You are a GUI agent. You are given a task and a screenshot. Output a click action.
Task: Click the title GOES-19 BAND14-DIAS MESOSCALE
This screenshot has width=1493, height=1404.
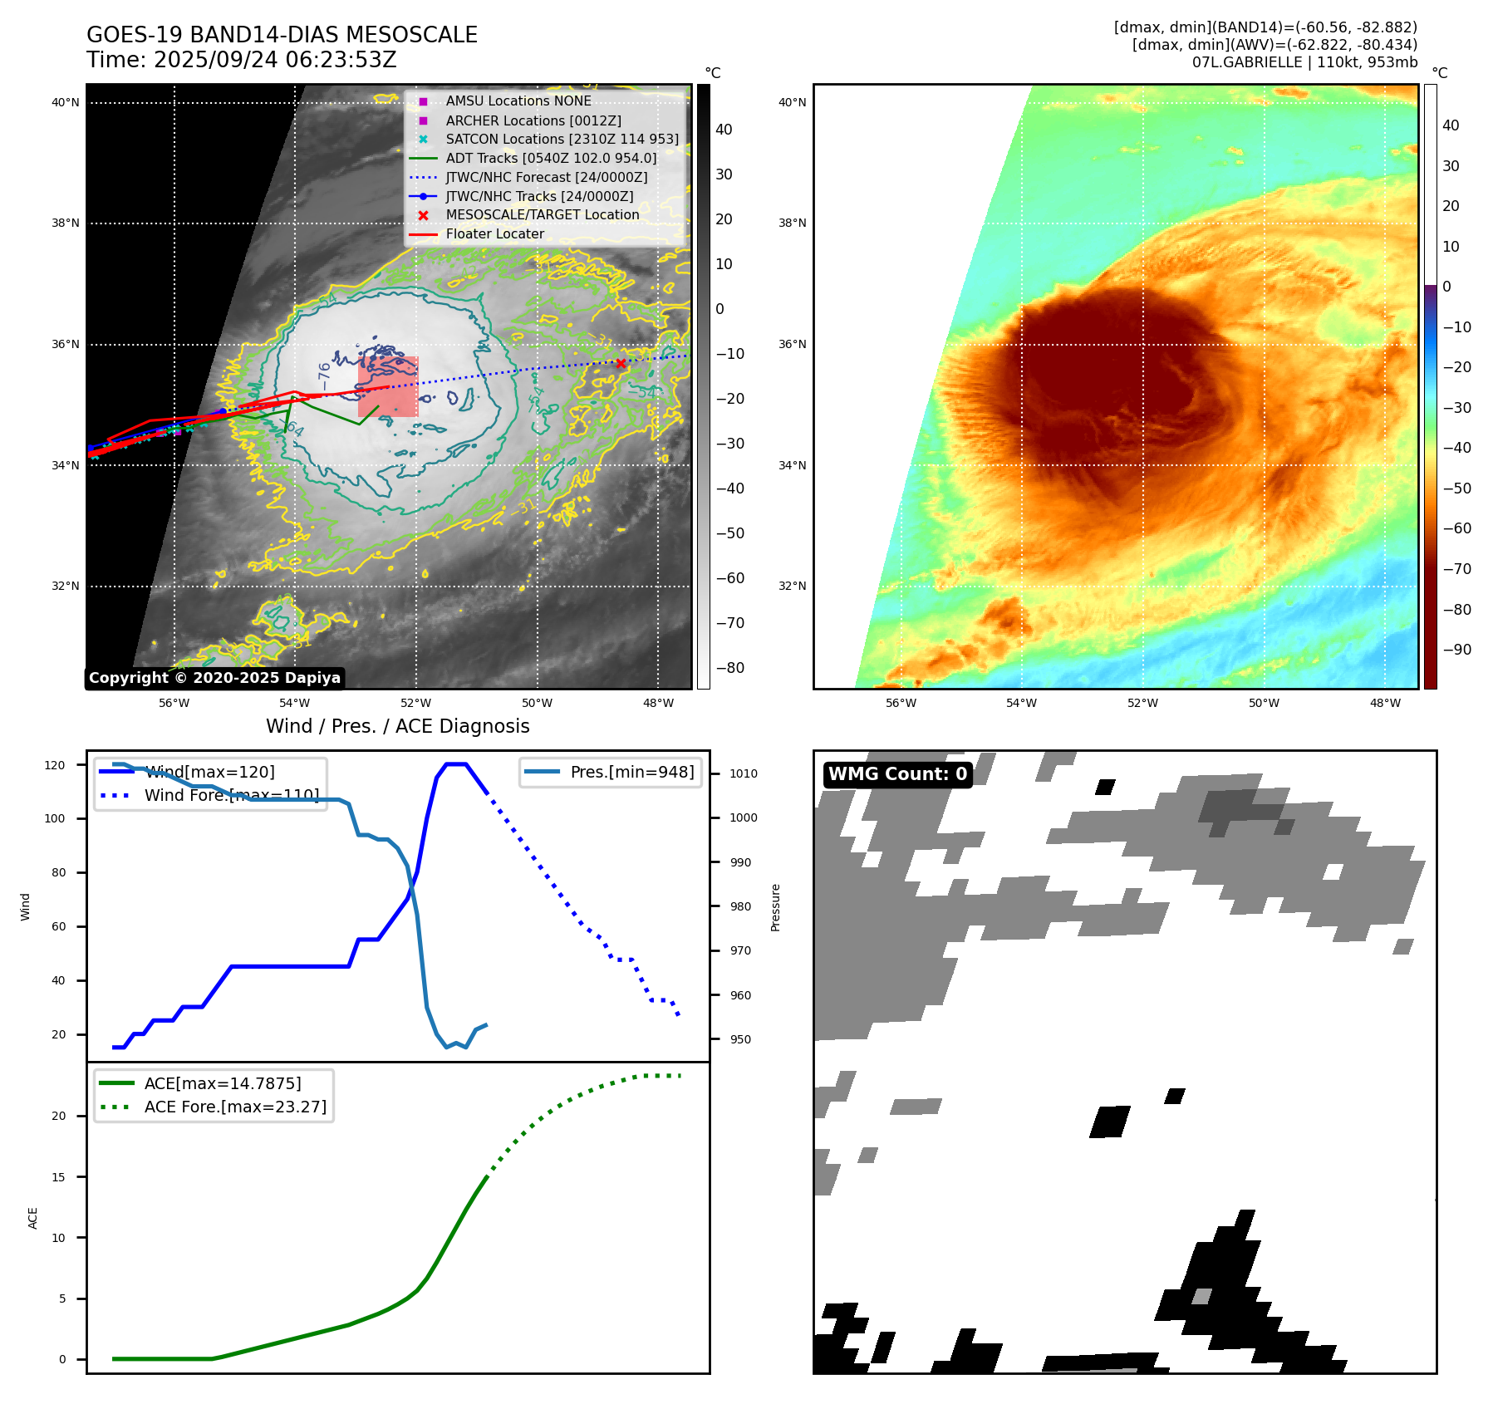[282, 35]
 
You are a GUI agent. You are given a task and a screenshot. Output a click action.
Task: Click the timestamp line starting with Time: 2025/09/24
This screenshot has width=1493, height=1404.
[241, 60]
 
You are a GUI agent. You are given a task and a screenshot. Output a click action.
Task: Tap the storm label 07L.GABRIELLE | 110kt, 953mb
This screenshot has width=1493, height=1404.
[1304, 62]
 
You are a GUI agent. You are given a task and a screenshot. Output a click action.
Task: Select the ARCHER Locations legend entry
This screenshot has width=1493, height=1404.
[533, 120]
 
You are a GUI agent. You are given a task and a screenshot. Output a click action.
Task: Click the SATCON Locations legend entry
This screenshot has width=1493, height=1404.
[562, 140]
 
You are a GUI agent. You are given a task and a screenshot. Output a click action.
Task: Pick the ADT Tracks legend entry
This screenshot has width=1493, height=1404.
[551, 158]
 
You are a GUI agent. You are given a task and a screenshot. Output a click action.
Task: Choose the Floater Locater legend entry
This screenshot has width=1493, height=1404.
[494, 234]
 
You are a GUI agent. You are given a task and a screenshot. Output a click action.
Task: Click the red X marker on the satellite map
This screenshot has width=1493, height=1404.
[621, 363]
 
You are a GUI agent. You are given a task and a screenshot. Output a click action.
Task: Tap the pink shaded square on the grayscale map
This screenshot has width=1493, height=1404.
[388, 386]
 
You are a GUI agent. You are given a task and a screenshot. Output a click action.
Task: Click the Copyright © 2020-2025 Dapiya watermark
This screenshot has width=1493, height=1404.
[214, 678]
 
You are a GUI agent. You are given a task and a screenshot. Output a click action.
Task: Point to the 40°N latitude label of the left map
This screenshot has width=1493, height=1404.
[66, 103]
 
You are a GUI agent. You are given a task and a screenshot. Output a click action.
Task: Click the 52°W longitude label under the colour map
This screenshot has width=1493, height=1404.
[1142, 703]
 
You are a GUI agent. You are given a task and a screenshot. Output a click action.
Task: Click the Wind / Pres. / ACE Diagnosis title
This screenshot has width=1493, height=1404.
[397, 726]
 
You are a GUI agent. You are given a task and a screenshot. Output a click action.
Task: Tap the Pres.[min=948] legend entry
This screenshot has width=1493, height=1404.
[631, 772]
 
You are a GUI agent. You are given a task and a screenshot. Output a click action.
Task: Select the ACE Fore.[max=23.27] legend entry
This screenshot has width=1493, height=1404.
[235, 1107]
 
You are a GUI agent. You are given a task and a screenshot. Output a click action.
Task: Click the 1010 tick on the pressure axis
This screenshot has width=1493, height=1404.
[744, 773]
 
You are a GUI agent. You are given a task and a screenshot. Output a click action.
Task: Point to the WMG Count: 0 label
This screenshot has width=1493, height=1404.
[897, 774]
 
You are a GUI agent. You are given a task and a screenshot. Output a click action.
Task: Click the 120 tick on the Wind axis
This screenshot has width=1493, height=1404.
[55, 765]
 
